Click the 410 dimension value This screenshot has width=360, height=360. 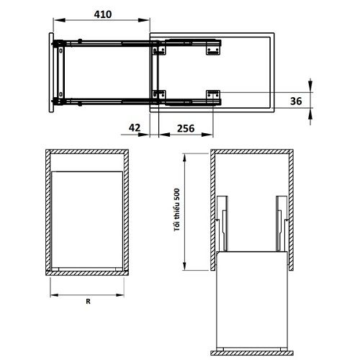(x=103, y=14)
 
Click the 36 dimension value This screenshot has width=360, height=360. (x=296, y=101)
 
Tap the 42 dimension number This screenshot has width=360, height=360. (x=135, y=127)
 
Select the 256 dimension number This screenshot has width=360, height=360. (x=186, y=128)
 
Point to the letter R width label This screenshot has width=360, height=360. (x=88, y=302)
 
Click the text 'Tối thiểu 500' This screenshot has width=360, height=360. (x=177, y=210)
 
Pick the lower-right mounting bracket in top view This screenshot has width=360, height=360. (x=213, y=94)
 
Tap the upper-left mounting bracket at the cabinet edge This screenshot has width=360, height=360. (x=159, y=50)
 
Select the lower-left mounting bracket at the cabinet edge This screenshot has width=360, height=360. (x=159, y=94)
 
